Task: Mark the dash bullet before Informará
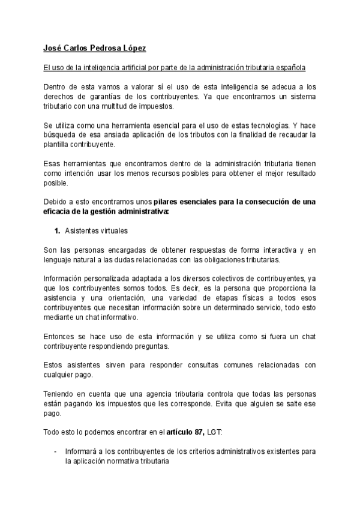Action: [x=55, y=451]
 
